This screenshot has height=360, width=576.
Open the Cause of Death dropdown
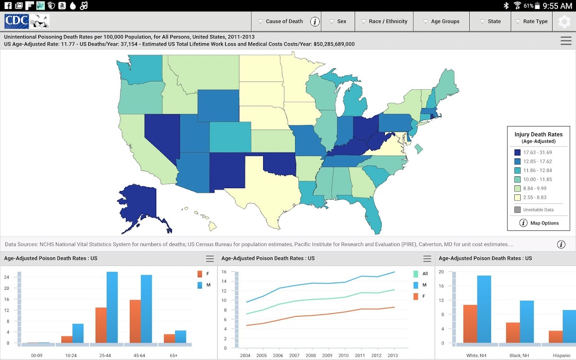(280, 22)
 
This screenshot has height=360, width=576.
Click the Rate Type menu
(531, 22)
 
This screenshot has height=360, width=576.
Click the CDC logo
(17, 21)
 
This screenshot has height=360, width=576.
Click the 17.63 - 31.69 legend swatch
(517, 153)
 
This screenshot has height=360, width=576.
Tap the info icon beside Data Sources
(561, 244)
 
